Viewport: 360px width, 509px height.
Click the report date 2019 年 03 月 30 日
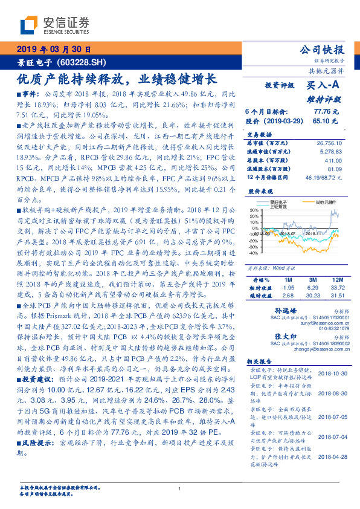pyautogui.click(x=53, y=50)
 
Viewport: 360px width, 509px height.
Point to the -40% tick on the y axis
pyautogui.click(x=253, y=253)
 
